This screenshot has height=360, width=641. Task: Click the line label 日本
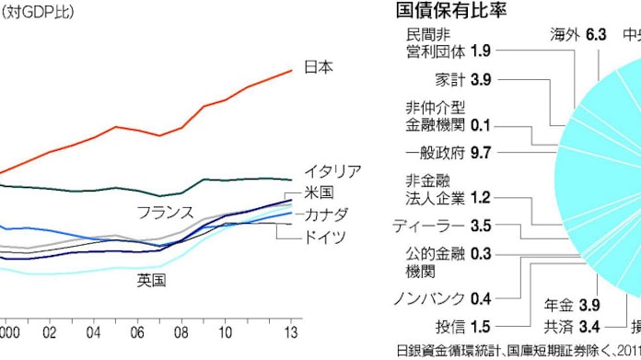click(x=319, y=67)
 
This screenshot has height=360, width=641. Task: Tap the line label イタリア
click(x=333, y=172)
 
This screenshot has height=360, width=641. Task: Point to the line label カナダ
click(x=327, y=215)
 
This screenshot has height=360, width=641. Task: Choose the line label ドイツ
click(x=327, y=237)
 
